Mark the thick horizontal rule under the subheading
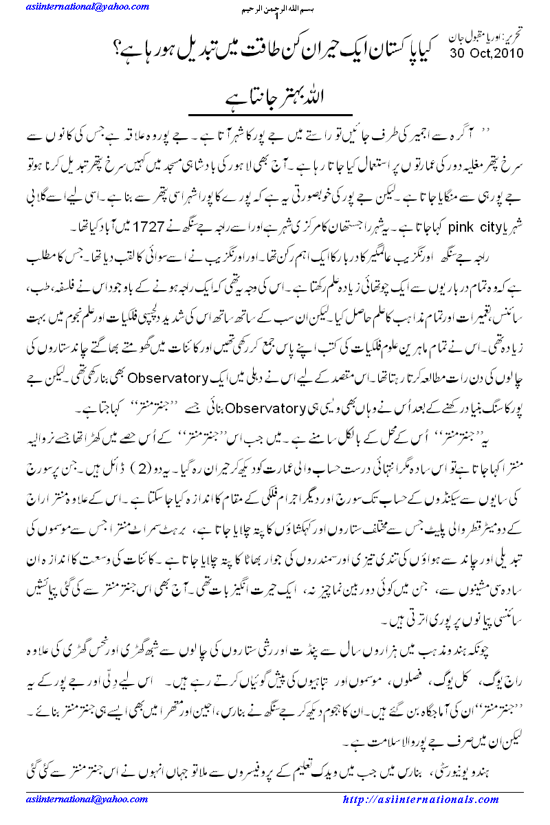tap(275, 114)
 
